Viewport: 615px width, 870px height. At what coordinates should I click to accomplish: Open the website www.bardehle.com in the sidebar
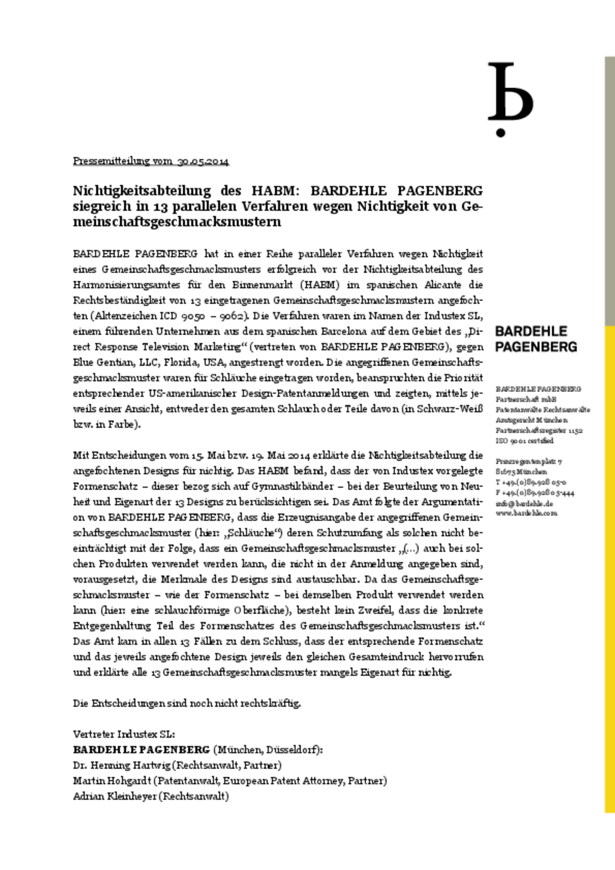(x=526, y=513)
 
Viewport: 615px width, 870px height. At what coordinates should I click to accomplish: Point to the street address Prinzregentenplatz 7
(x=528, y=461)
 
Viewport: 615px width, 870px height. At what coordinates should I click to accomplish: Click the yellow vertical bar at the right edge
(x=610, y=580)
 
